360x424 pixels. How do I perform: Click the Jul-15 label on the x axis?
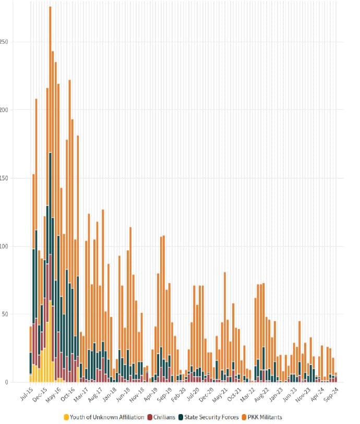point(26,393)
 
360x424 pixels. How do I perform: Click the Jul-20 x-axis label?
point(194,393)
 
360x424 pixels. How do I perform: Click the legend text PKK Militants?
point(264,417)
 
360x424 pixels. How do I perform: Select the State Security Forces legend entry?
point(211,417)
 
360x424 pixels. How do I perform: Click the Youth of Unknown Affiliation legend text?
point(107,417)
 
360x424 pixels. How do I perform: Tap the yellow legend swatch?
point(66,417)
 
